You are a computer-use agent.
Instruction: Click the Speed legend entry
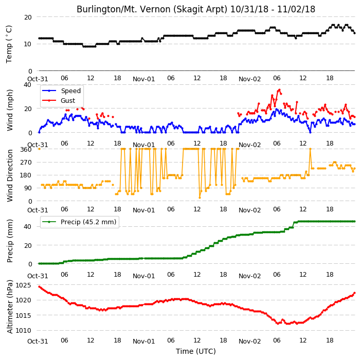[x=61, y=91]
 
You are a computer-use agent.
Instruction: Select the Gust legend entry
[x=59, y=100]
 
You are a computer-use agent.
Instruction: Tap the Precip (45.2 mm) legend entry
[x=79, y=222]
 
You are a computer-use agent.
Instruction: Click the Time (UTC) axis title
[x=196, y=351]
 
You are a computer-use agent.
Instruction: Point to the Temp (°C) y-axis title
[x=9, y=44]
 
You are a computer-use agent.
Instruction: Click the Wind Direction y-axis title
[x=10, y=175]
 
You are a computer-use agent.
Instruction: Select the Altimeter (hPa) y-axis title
[x=10, y=307]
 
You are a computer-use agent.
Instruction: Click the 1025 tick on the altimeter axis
[x=23, y=285]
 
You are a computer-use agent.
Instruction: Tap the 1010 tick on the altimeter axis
[x=23, y=331]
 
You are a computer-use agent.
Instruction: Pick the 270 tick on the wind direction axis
[x=26, y=163]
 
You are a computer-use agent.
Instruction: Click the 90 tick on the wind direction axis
[x=28, y=188]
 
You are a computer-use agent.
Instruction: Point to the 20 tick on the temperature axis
[x=28, y=17]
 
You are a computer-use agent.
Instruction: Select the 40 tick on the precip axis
[x=28, y=226]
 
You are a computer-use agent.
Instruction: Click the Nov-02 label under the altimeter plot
[x=249, y=341]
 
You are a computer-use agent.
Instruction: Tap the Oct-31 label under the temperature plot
[x=38, y=79]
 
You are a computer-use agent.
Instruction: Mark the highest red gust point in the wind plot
[x=279, y=90]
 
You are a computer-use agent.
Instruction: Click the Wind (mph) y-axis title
[x=10, y=110]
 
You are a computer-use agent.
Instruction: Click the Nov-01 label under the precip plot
[x=143, y=276]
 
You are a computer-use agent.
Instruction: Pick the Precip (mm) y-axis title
[x=10, y=241]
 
